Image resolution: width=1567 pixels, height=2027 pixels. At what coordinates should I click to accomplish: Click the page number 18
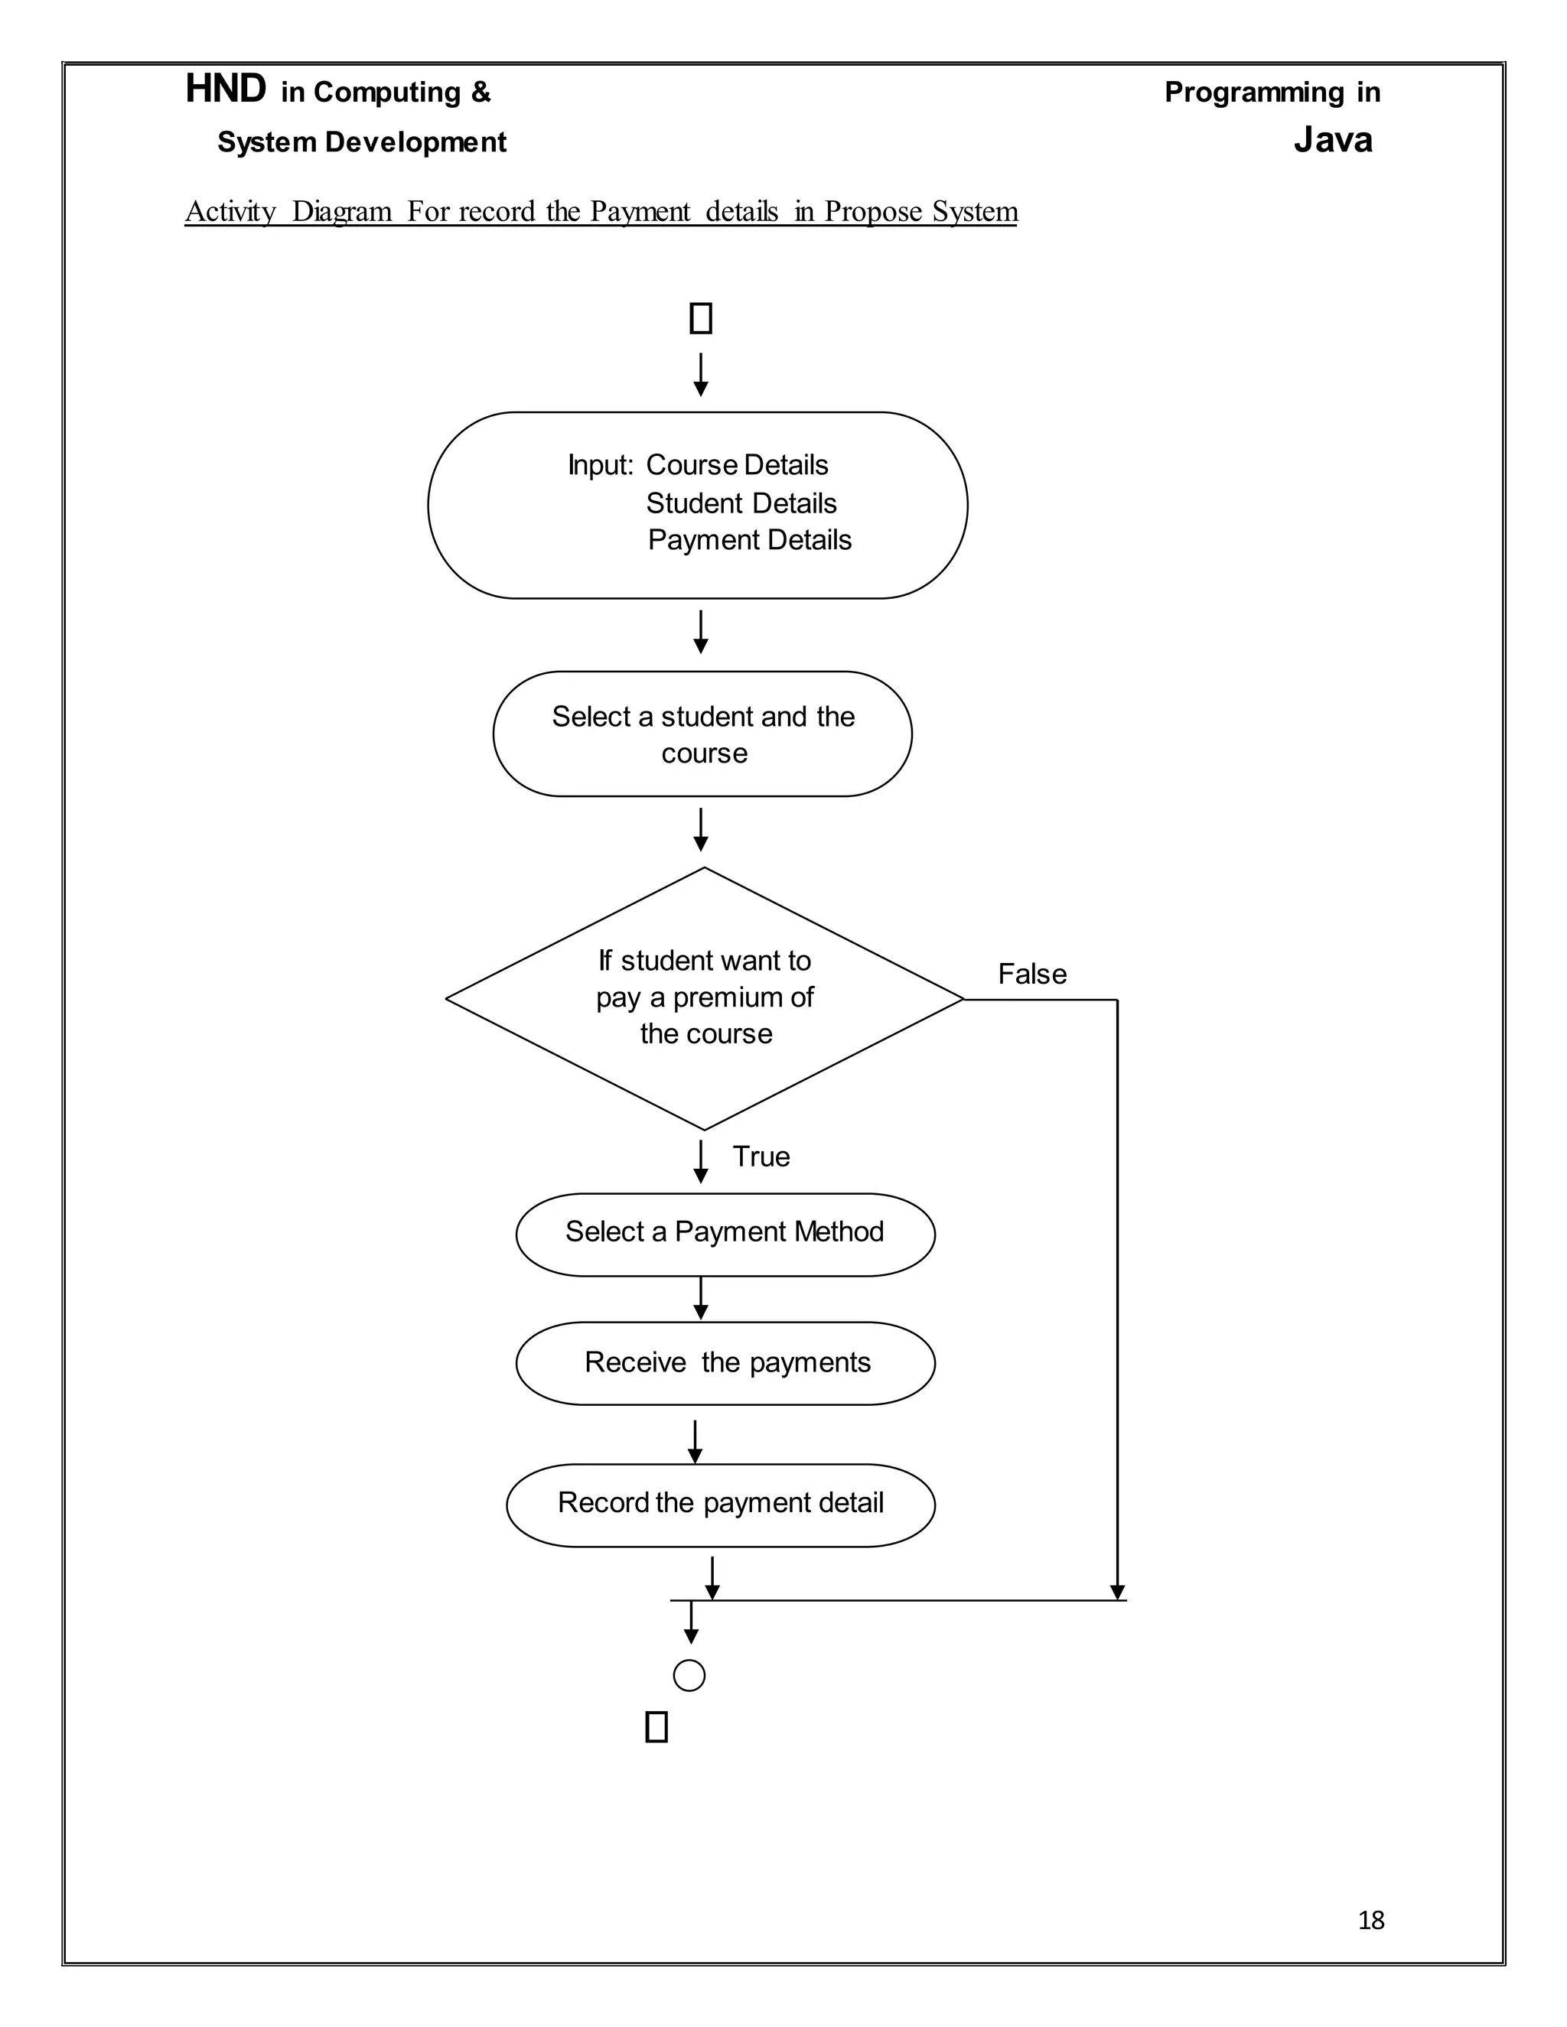1370,1919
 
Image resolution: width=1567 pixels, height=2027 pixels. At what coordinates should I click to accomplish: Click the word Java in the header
1332,140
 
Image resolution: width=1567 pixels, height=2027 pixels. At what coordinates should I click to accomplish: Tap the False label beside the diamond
1031,974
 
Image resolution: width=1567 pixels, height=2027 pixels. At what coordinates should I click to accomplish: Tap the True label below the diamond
761,1157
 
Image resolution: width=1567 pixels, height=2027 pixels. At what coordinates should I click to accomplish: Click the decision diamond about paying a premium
705,999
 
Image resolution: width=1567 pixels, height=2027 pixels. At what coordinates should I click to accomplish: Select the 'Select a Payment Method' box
725,1235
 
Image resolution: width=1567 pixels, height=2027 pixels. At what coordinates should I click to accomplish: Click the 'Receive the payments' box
725,1363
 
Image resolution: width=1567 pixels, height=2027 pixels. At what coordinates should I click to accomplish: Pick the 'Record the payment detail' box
720,1505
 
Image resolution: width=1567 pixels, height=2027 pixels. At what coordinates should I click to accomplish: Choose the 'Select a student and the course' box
702,734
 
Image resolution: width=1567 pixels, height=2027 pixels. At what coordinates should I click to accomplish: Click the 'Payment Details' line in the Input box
749,540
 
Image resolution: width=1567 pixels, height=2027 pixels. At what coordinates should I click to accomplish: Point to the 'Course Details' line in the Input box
736,465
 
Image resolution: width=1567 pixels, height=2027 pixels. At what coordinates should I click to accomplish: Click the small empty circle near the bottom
689,1675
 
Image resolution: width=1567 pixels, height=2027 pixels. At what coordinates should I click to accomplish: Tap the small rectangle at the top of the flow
701,318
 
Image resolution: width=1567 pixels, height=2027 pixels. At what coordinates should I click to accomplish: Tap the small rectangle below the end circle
656,1727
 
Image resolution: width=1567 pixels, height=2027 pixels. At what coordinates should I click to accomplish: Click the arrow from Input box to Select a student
701,632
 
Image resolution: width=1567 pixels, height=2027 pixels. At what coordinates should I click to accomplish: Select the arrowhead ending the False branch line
1117,1593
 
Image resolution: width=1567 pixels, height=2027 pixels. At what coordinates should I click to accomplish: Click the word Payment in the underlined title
640,212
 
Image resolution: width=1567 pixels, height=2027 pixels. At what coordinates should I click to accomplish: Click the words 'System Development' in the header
361,142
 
